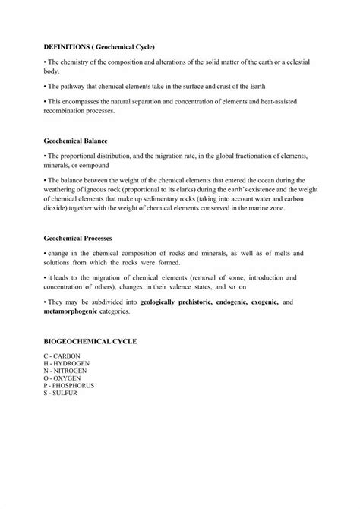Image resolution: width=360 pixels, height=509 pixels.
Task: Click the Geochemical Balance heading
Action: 76,141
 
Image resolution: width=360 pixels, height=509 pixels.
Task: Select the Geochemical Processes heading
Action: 80,238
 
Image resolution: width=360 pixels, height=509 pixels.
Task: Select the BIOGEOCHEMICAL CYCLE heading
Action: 90,342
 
